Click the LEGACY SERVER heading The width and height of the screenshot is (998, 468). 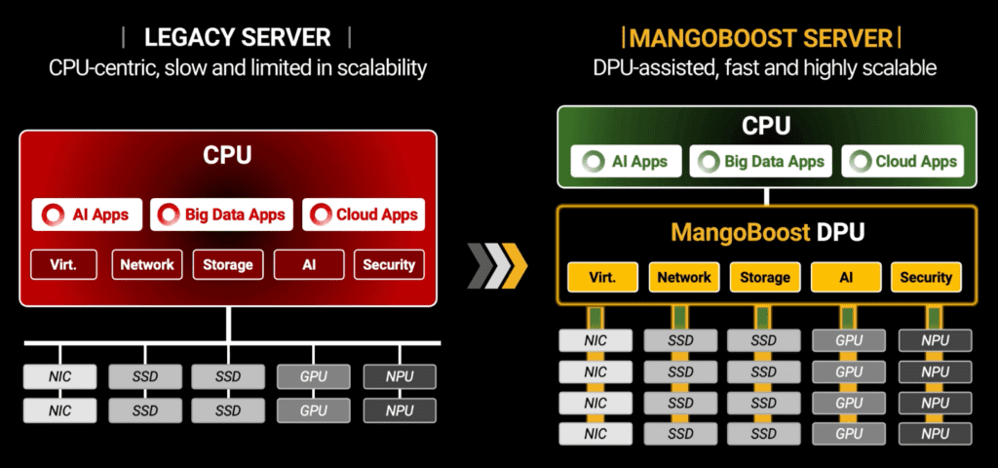(x=237, y=38)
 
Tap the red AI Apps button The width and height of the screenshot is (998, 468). (x=87, y=214)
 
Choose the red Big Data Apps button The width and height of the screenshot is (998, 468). (x=222, y=214)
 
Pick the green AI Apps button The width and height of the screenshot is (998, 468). (x=619, y=162)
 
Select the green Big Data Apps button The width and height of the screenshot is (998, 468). (x=759, y=162)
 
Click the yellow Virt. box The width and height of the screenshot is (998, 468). (x=602, y=277)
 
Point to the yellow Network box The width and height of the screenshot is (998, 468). (x=683, y=277)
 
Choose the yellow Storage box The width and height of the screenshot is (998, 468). (x=764, y=277)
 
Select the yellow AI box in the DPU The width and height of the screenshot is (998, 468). (x=846, y=277)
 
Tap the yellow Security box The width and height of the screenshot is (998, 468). (x=926, y=277)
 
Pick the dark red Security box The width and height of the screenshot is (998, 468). (x=389, y=264)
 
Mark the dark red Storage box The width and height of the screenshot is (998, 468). (x=227, y=264)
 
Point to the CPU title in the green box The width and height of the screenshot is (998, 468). (x=766, y=126)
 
